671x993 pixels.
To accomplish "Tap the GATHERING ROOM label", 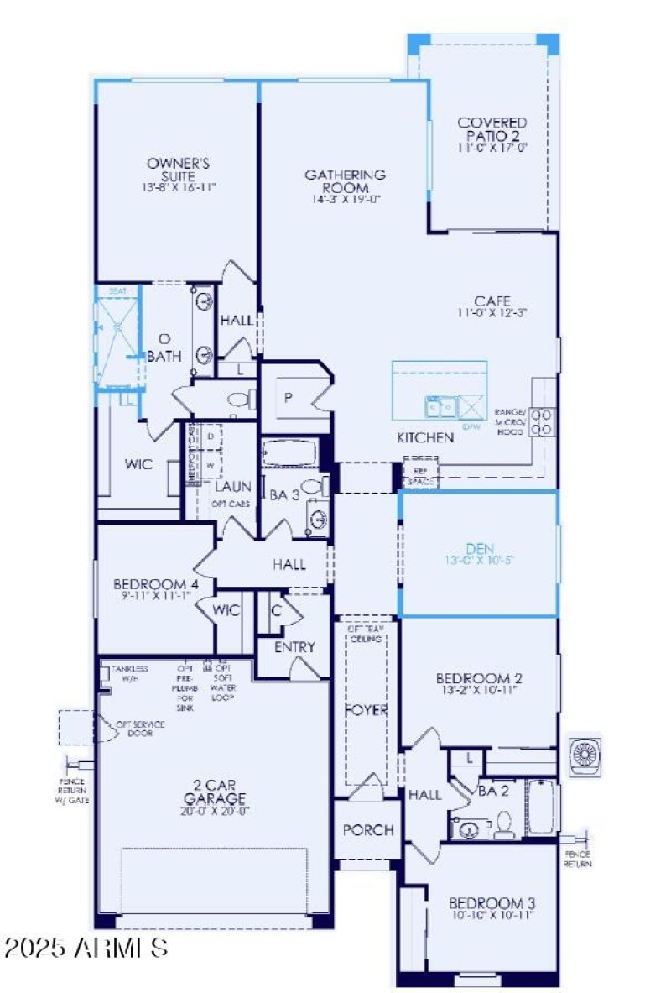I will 345,181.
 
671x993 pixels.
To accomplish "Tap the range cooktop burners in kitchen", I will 543,421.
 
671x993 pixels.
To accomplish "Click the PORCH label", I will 368,830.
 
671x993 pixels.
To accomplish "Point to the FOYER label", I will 367,710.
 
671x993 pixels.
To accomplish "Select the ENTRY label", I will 294,647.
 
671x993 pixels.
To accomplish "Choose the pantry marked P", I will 288,398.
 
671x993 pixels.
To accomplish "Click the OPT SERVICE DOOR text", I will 140,728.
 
